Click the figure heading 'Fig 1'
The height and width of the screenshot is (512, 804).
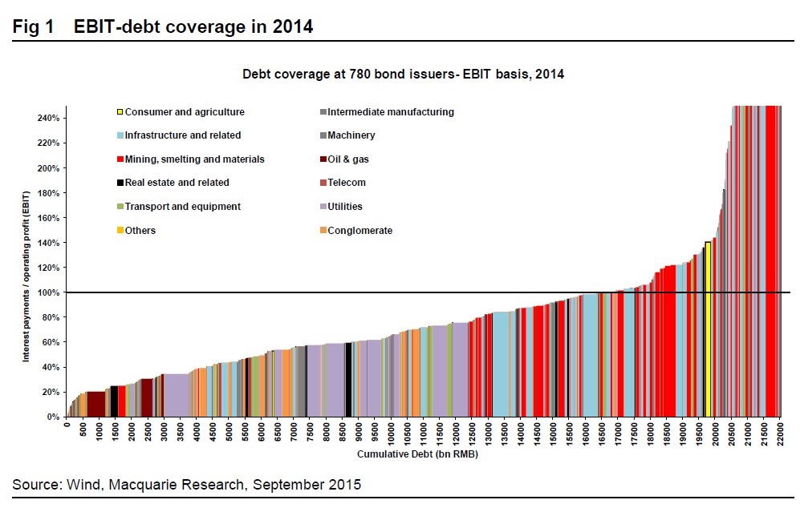click(x=35, y=26)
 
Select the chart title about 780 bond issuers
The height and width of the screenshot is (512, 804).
click(x=403, y=75)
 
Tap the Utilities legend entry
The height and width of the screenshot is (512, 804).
click(x=344, y=207)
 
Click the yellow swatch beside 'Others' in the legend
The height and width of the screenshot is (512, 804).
click(x=120, y=231)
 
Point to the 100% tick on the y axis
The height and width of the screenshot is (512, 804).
click(x=49, y=292)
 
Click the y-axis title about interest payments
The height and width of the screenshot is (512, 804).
click(x=26, y=277)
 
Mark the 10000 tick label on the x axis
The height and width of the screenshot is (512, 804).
click(x=392, y=434)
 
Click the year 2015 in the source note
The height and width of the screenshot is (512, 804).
click(x=344, y=485)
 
